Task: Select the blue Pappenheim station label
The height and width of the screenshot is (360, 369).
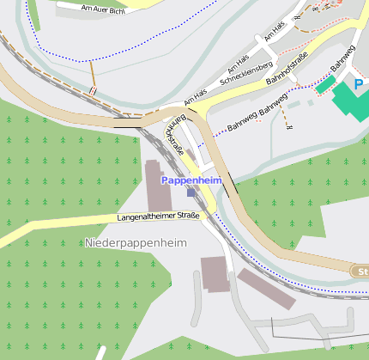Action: click(x=191, y=180)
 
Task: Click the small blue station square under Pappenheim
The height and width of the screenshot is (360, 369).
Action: click(x=191, y=192)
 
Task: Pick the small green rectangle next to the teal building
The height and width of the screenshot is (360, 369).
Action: click(x=324, y=84)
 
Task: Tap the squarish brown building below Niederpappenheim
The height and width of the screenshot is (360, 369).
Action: click(x=215, y=273)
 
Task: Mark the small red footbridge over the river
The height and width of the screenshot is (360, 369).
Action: click(x=92, y=90)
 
